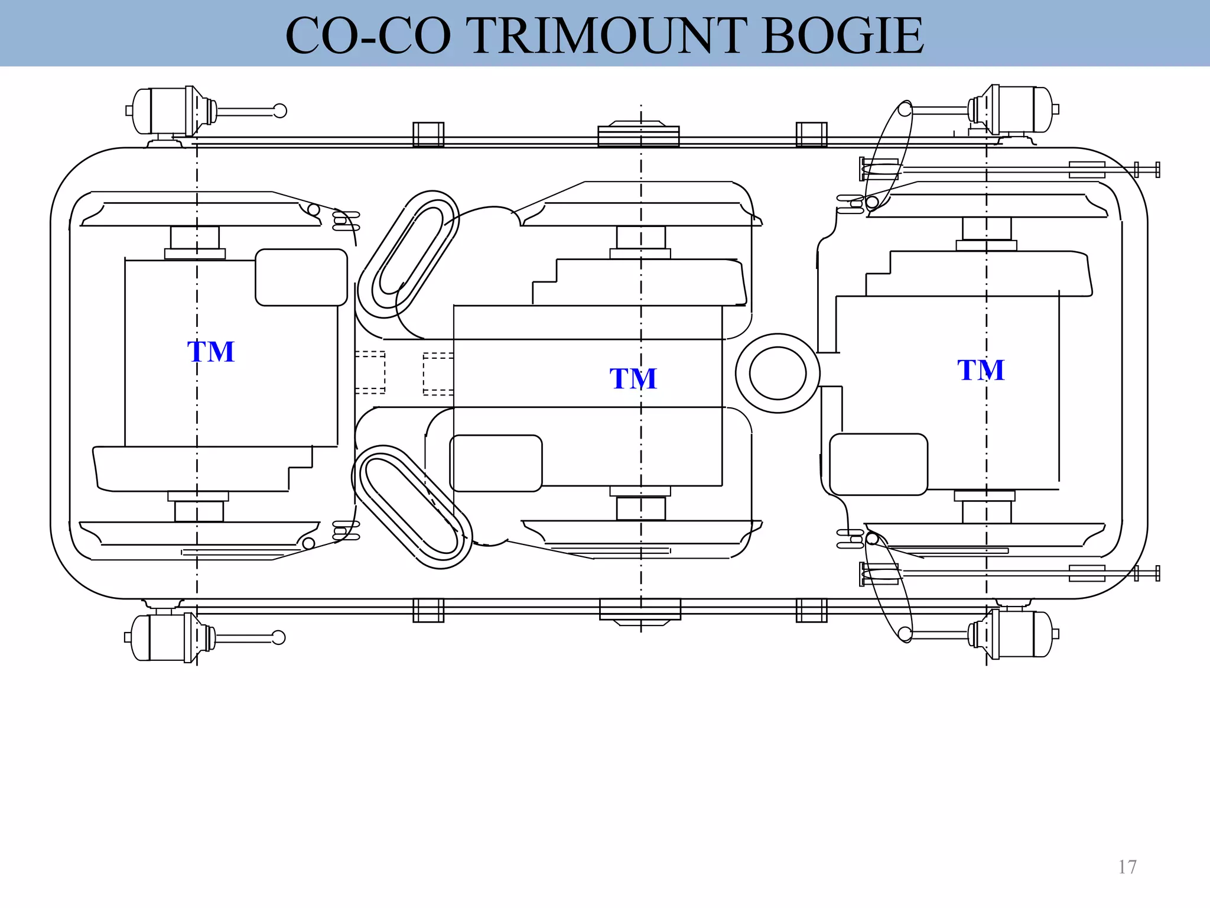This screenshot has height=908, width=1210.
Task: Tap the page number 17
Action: tap(1127, 867)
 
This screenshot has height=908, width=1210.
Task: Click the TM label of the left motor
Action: tap(211, 352)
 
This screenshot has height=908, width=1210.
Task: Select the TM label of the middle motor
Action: tap(633, 378)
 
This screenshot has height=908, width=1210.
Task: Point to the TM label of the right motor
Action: tap(981, 370)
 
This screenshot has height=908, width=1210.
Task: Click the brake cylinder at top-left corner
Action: tap(168, 111)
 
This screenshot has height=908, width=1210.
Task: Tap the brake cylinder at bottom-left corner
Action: tap(167, 637)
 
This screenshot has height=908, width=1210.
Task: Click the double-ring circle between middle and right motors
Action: tap(778, 373)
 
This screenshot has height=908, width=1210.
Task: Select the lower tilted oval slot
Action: tap(412, 507)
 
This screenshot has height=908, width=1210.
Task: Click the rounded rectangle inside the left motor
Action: tap(301, 277)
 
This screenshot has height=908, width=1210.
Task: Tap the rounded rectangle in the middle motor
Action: tap(496, 463)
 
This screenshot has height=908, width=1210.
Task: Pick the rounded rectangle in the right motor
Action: tap(879, 464)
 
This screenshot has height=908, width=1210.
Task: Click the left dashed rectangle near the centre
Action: tap(370, 372)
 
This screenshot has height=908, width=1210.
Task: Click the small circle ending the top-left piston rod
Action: tap(280, 111)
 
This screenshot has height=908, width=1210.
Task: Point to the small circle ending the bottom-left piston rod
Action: tap(278, 637)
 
